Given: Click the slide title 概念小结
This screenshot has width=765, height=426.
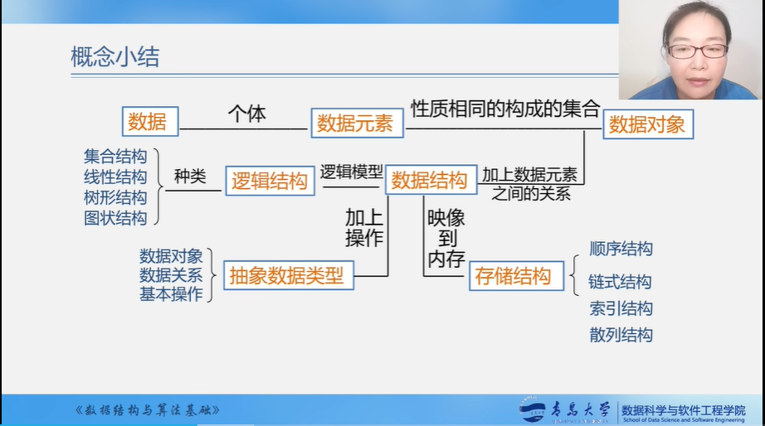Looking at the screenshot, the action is [115, 56].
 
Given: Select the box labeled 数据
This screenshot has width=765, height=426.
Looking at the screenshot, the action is [150, 121].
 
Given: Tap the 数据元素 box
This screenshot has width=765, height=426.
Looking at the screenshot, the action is [357, 123].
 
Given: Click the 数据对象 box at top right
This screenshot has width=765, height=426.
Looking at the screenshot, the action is [648, 124].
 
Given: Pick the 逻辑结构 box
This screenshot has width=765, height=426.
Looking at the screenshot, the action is [270, 181].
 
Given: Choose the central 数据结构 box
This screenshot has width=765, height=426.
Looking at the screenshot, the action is [431, 181].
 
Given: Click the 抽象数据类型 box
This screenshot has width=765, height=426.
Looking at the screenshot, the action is [289, 275].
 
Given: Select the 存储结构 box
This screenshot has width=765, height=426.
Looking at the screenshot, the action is [516, 276].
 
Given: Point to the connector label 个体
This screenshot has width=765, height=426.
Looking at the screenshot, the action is [247, 114].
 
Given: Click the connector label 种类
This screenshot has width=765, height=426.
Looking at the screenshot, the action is [190, 176].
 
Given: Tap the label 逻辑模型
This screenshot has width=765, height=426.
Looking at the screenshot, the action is [351, 172].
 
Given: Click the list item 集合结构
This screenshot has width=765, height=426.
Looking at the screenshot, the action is [115, 157].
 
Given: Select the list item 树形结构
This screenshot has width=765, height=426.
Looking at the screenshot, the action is [115, 197].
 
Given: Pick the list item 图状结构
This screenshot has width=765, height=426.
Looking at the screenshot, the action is [115, 218].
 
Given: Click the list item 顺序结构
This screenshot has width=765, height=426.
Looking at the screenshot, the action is [621, 249].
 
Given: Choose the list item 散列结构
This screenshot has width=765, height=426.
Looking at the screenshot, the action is [621, 335].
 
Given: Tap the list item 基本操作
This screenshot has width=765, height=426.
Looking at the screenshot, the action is [171, 294].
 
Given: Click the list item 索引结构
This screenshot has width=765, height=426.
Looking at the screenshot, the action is [621, 308].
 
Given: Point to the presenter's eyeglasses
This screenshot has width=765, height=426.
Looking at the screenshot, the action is [698, 51].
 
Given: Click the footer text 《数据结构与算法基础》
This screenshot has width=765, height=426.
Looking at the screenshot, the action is [147, 410].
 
